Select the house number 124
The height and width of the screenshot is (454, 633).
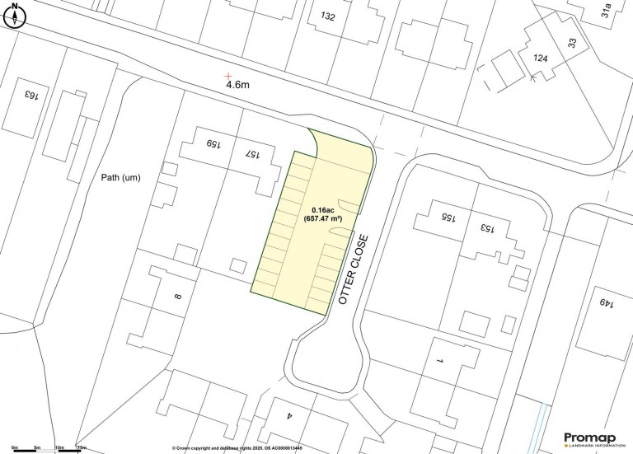click(x=540, y=59)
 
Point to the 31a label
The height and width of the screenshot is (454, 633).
click(x=607, y=11)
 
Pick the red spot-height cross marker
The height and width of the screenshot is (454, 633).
click(x=228, y=75)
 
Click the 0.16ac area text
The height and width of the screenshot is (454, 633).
click(x=323, y=210)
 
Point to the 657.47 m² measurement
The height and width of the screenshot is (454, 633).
click(x=323, y=220)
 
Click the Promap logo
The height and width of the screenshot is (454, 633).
click(x=592, y=440)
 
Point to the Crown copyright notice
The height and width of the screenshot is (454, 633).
click(x=237, y=448)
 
